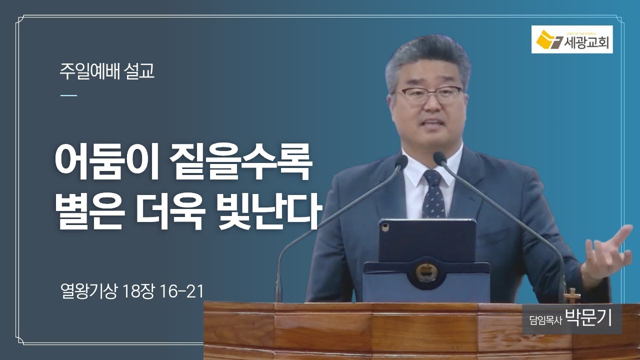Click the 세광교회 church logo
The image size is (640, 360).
click(x=572, y=39)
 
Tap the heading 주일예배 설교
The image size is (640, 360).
click(x=107, y=71)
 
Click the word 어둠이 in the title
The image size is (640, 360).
click(x=106, y=163)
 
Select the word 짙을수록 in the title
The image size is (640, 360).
click(x=240, y=163)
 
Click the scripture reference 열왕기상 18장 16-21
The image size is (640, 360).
click(x=132, y=291)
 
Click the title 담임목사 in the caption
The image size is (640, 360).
click(x=545, y=320)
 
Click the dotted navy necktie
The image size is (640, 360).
click(x=433, y=194)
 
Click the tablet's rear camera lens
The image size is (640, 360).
click(x=385, y=227)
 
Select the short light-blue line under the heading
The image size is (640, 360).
click(x=68, y=95)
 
